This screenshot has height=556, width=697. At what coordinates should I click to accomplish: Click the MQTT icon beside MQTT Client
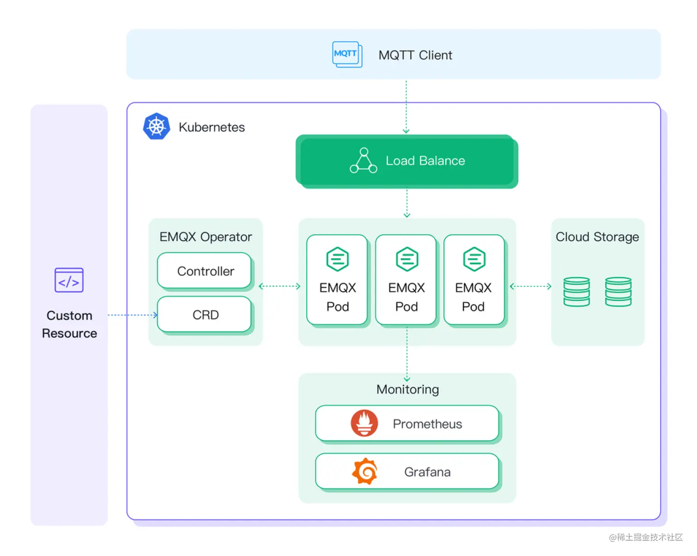click(x=347, y=54)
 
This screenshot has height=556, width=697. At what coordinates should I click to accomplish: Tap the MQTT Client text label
click(x=415, y=55)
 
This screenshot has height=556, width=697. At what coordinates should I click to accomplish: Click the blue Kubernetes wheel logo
click(x=156, y=126)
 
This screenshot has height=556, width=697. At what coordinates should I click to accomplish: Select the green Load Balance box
click(x=407, y=161)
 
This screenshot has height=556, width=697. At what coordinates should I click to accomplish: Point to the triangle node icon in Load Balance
click(x=363, y=161)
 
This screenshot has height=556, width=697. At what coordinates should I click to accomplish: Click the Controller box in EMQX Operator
click(x=205, y=271)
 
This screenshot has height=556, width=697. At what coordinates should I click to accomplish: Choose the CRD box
click(x=205, y=315)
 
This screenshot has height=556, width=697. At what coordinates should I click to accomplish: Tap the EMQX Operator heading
click(x=206, y=237)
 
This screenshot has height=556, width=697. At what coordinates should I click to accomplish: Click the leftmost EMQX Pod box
click(x=337, y=280)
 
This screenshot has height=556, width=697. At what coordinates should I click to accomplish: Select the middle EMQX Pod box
click(x=406, y=280)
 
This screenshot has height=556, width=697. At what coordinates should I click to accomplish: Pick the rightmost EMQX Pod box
click(x=474, y=280)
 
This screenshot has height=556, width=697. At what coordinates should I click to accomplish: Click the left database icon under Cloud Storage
click(x=576, y=292)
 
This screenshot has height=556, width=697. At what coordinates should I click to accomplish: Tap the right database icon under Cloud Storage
click(x=618, y=292)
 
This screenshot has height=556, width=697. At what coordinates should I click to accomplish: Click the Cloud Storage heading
click(x=597, y=237)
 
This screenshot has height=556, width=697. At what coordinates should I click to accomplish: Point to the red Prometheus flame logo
click(x=364, y=423)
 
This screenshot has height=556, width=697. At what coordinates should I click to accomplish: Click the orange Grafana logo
click(x=365, y=471)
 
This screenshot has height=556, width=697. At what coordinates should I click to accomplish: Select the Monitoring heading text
click(x=408, y=390)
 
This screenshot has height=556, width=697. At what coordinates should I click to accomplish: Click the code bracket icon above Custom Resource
click(x=69, y=280)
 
